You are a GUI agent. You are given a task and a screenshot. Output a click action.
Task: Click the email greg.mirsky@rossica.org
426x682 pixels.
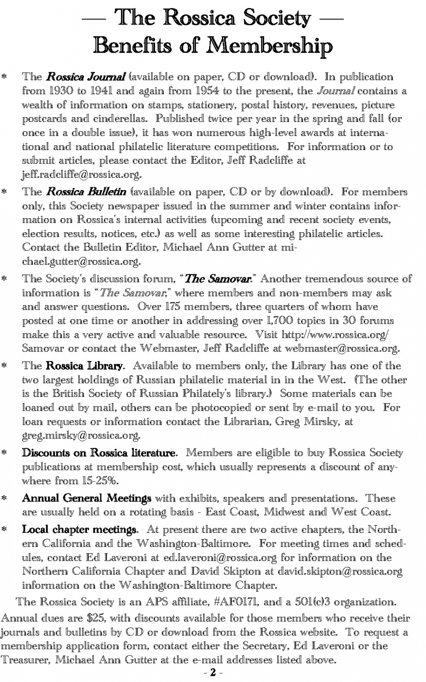[x=81, y=436]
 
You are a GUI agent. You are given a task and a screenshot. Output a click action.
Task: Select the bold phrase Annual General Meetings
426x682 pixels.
[x=86, y=498]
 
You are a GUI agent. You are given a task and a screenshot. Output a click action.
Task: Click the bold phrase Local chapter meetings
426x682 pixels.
[x=80, y=530]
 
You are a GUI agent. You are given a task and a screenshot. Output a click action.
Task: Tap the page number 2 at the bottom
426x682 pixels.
[x=213, y=672]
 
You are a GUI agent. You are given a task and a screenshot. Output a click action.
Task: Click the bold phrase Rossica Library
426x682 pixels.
[x=84, y=366]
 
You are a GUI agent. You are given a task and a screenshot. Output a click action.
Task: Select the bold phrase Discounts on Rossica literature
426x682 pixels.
[x=99, y=453]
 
